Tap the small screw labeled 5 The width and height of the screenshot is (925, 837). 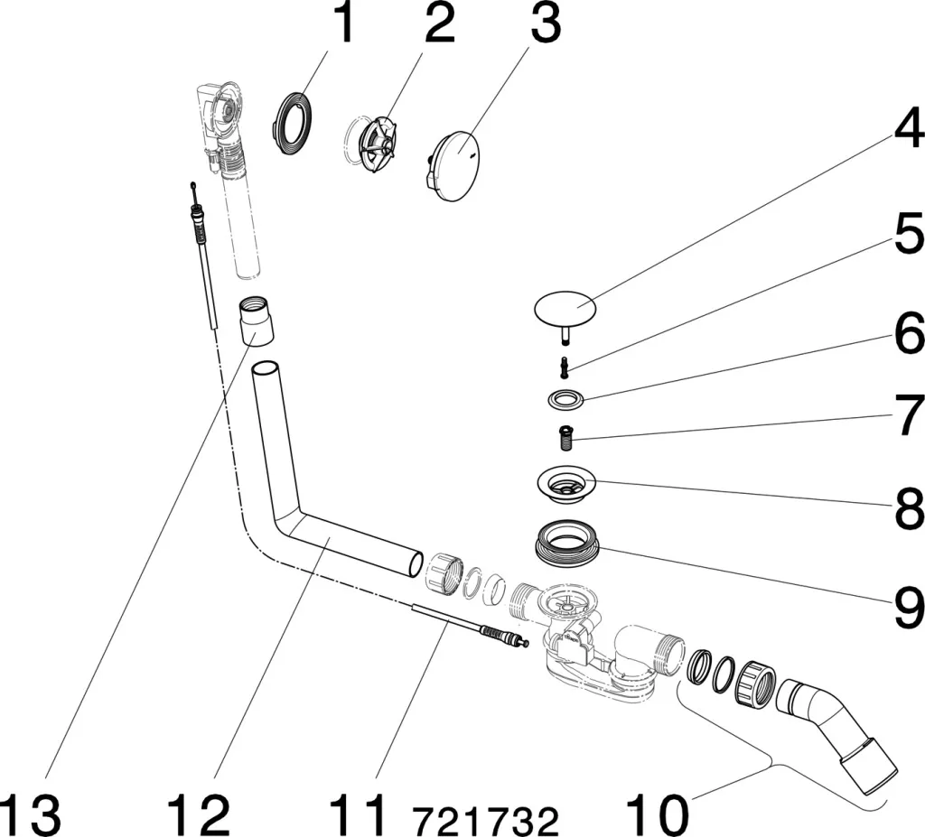click(x=565, y=365)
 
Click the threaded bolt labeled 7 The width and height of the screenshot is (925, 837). click(x=566, y=437)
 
